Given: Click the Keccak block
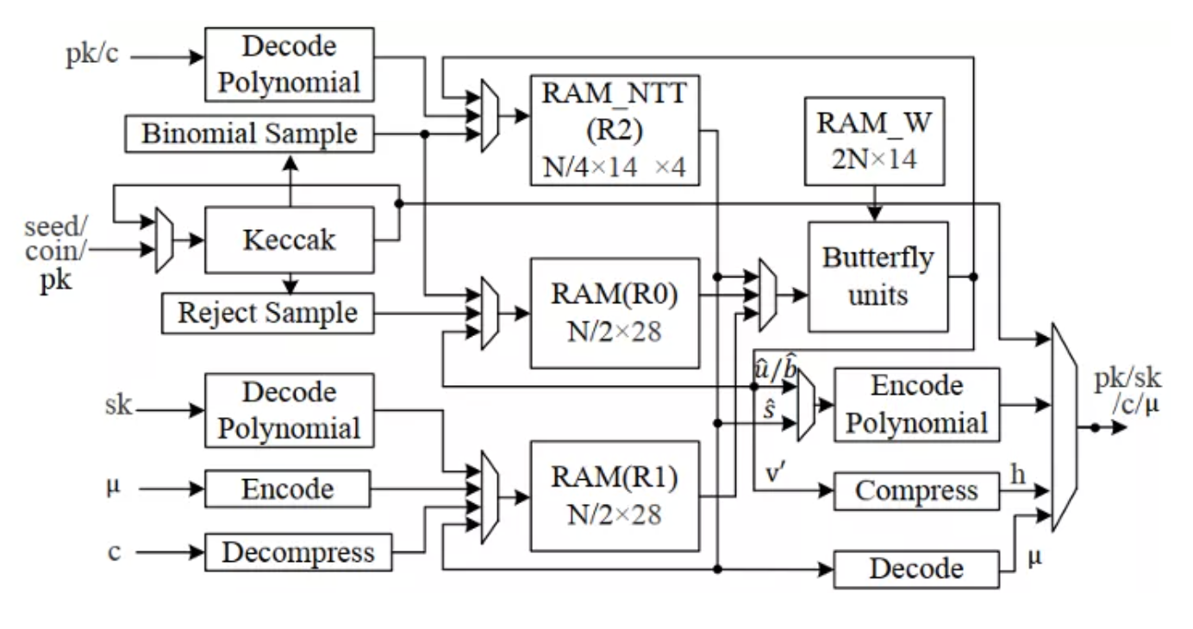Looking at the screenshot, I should (x=289, y=240).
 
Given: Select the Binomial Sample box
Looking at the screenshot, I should (x=249, y=134).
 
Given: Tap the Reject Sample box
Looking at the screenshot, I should (x=267, y=313).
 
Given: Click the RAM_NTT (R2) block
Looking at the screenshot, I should (x=614, y=129).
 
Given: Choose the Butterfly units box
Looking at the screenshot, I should (x=878, y=277).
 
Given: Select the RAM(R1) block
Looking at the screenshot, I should (x=614, y=496).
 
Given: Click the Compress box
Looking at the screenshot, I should (x=916, y=491).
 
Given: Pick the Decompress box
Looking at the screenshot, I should (x=298, y=552).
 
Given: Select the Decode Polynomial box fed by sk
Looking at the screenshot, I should (x=289, y=410).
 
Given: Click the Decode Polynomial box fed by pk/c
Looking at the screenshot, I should (x=289, y=65).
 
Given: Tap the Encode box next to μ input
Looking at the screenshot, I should (x=287, y=489).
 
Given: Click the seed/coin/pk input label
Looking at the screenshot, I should (x=57, y=250).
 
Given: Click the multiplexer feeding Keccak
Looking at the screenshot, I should (x=164, y=240).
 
